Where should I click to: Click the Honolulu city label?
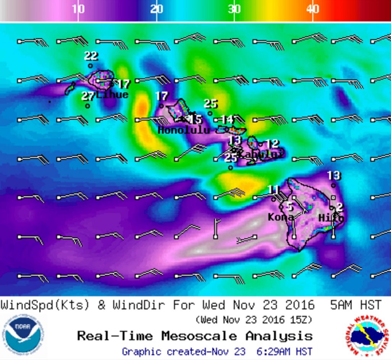(184, 130)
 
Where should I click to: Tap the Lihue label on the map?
(112, 95)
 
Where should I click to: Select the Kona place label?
(281, 218)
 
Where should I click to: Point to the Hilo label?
(331, 218)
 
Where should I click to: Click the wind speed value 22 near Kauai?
(91, 56)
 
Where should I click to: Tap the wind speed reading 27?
(88, 96)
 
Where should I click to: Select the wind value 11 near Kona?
(273, 189)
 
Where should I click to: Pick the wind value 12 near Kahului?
(272, 144)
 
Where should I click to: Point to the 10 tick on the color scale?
(78, 9)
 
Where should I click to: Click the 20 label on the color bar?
(157, 9)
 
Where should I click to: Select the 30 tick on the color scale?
(234, 9)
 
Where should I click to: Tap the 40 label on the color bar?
(313, 9)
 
